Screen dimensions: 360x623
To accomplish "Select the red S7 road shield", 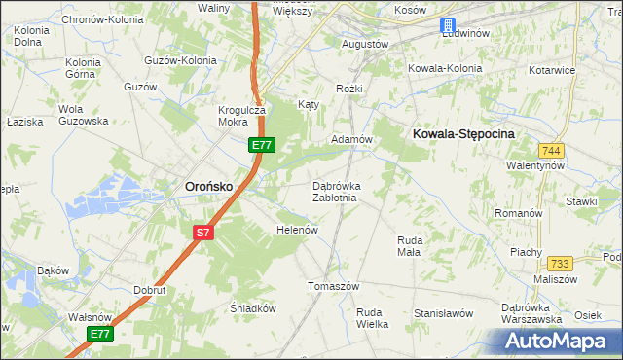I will pos(202,233).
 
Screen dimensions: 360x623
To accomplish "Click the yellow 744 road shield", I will pos(551,150).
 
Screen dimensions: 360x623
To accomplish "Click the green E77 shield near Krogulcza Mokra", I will pos(261,145).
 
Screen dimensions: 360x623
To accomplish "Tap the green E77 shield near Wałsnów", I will pos(100,334).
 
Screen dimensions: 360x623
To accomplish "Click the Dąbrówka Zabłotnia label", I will pos(336,191).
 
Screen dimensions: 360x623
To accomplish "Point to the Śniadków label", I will pos(253,307).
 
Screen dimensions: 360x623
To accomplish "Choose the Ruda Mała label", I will pos(409,245).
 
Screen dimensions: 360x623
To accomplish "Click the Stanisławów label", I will pos(443,313).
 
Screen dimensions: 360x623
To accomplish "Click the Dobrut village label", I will pos(152,290).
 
